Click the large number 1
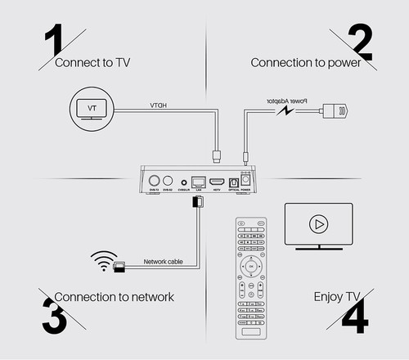[52, 40]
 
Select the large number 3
[51, 314]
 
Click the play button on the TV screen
[317, 223]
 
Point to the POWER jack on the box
[245, 182]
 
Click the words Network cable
[169, 262]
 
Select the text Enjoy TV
[336, 296]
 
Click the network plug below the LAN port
[196, 200]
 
